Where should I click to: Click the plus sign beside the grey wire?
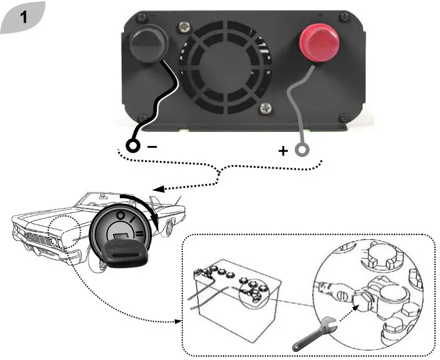283,151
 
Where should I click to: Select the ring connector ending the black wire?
133,146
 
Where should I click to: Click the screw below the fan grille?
266,107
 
